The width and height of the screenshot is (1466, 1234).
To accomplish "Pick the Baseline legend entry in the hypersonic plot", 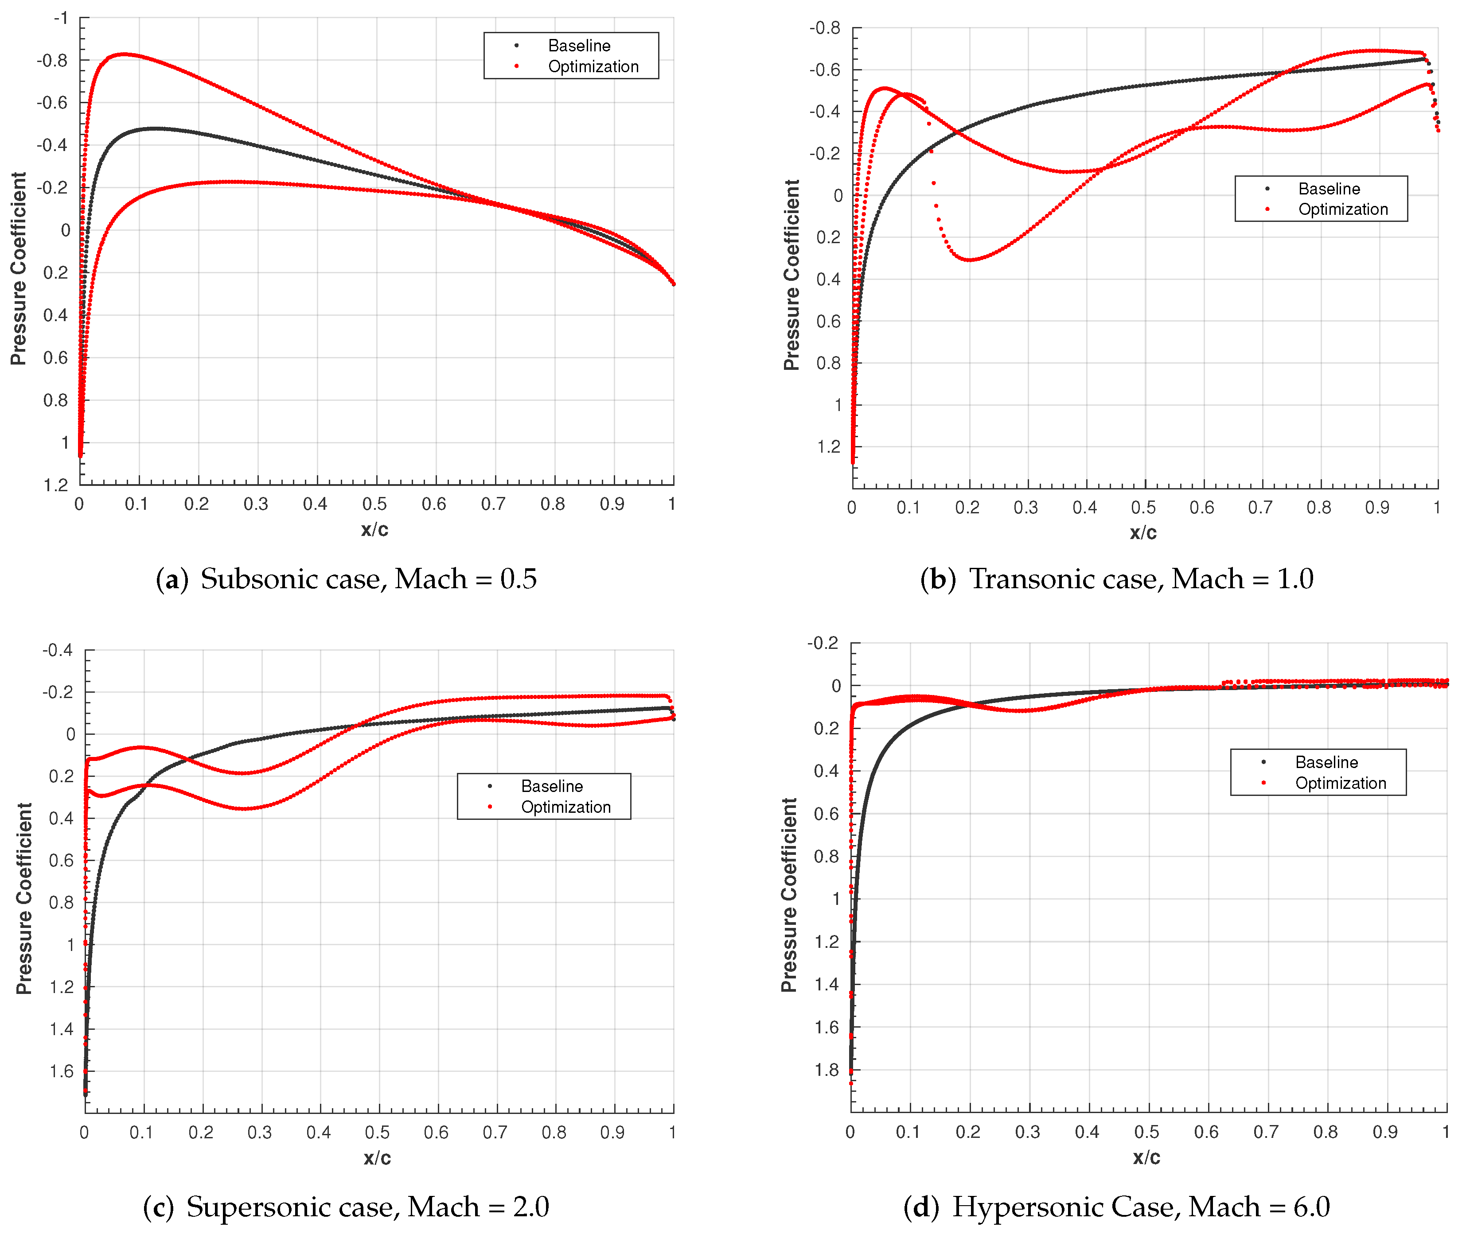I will coord(1326,762).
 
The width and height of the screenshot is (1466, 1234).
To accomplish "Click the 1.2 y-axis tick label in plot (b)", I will coord(829,446).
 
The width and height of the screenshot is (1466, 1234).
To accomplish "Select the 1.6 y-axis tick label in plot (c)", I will coord(62,1071).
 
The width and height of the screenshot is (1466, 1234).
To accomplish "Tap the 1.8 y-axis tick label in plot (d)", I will coord(827,1070).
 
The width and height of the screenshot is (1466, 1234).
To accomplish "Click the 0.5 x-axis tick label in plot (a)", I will coord(374,504).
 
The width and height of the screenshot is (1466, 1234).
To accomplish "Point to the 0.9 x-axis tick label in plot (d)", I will coord(1384,1131).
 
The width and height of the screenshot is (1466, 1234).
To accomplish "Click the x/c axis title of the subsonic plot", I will coord(374,530).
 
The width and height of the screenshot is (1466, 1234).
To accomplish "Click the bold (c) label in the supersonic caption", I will coord(158,1207).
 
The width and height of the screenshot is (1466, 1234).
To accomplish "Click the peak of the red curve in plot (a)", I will coord(124,54).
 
